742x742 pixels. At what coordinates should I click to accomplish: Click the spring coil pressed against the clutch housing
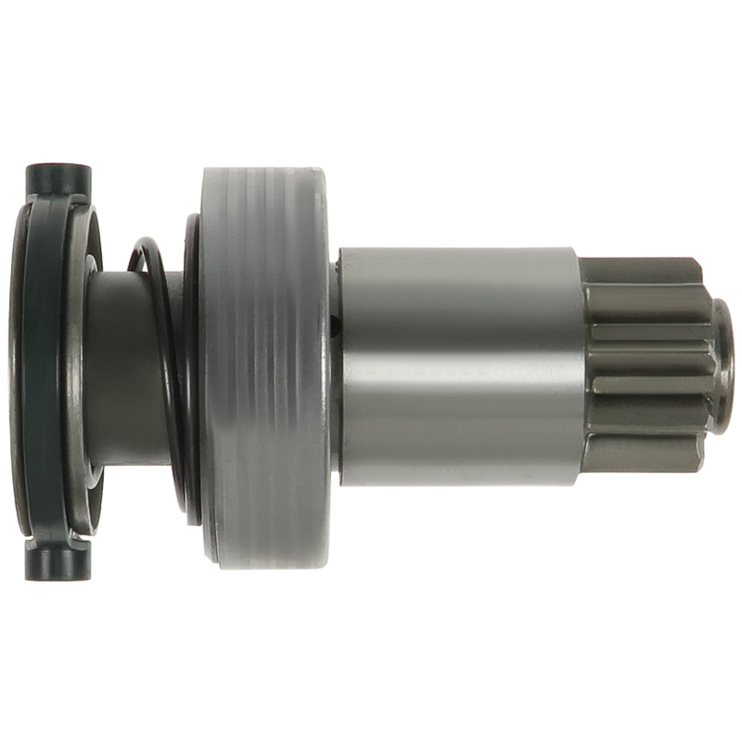pos(192,371)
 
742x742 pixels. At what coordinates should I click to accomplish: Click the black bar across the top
pos(371,125)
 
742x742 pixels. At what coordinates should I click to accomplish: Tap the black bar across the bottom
pos(371,617)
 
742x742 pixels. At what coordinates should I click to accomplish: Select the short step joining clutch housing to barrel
pos(335,371)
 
